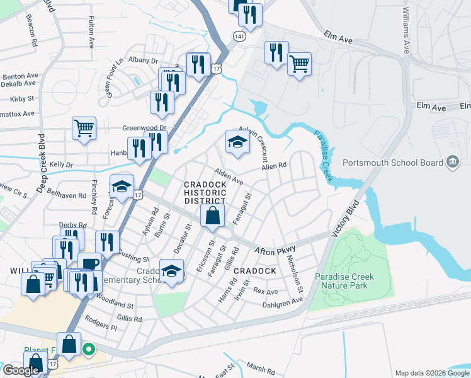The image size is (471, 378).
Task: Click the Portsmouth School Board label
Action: click(393, 163)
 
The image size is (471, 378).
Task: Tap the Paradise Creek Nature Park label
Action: click(344, 281)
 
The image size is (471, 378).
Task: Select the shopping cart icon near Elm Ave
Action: click(299, 63)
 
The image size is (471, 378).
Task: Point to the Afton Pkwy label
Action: click(275, 251)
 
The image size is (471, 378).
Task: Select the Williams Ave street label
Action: click(406, 30)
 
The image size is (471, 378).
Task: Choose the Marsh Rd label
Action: click(257, 368)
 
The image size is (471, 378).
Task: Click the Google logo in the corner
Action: click(21, 370)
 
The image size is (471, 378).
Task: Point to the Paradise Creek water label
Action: click(323, 155)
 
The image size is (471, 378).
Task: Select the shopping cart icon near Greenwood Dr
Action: click(84, 129)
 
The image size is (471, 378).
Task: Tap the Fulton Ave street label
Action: click(91, 33)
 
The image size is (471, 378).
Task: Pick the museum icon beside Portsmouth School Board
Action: click(452, 163)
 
